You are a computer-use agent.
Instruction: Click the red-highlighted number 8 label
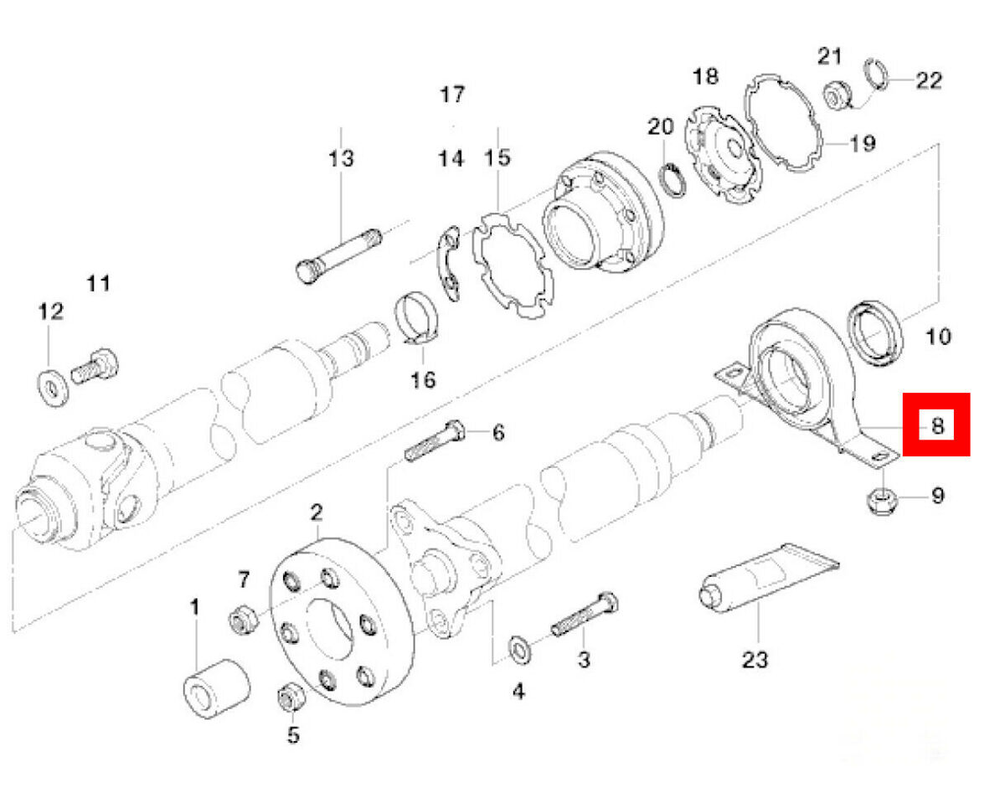pos(936,425)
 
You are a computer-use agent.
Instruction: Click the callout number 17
pos(452,94)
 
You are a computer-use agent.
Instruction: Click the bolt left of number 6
pos(433,441)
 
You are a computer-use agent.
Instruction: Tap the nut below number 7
pos(243,620)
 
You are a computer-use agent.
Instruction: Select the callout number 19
pos(862,143)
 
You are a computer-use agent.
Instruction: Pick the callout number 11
pos(99,283)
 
